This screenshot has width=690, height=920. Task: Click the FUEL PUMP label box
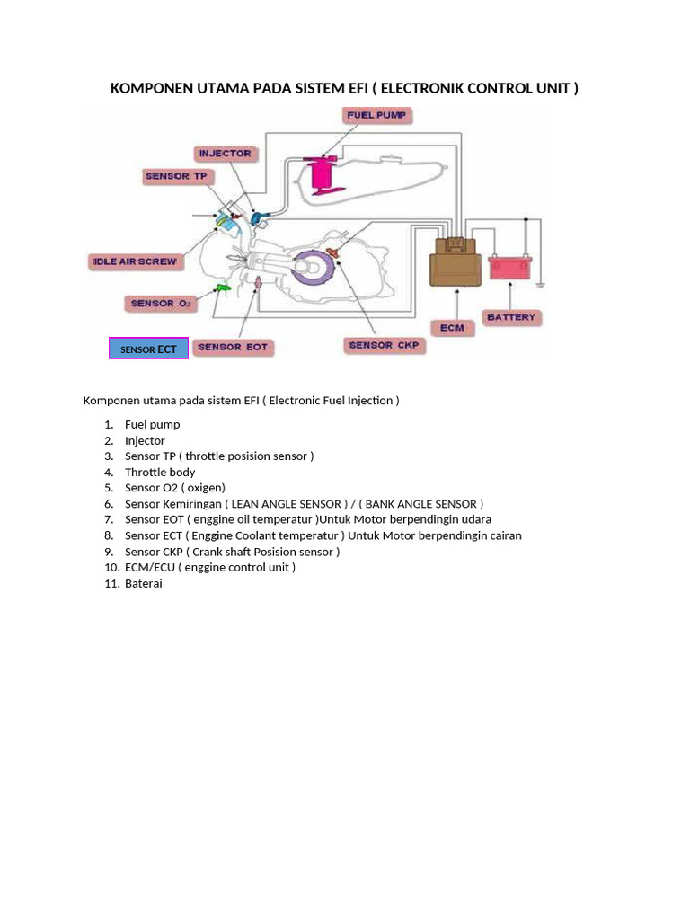click(x=378, y=115)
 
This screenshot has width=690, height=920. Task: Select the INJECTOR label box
click(x=225, y=154)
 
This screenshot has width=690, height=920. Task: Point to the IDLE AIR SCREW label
click(x=136, y=262)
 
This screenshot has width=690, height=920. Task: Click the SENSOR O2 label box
click(x=162, y=304)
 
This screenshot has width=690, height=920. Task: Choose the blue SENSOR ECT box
click(x=148, y=349)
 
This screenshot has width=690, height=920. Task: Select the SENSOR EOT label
click(x=232, y=347)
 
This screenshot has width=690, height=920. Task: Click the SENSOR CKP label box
click(x=384, y=345)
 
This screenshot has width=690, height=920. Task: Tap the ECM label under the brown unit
click(x=452, y=327)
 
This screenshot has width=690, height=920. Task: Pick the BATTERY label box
click(x=510, y=317)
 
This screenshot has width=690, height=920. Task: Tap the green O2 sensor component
click(x=222, y=288)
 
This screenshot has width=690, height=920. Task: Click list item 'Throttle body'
click(x=160, y=472)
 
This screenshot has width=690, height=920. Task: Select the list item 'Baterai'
click(x=144, y=583)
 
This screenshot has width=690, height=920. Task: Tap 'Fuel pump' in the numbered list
click(x=153, y=424)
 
